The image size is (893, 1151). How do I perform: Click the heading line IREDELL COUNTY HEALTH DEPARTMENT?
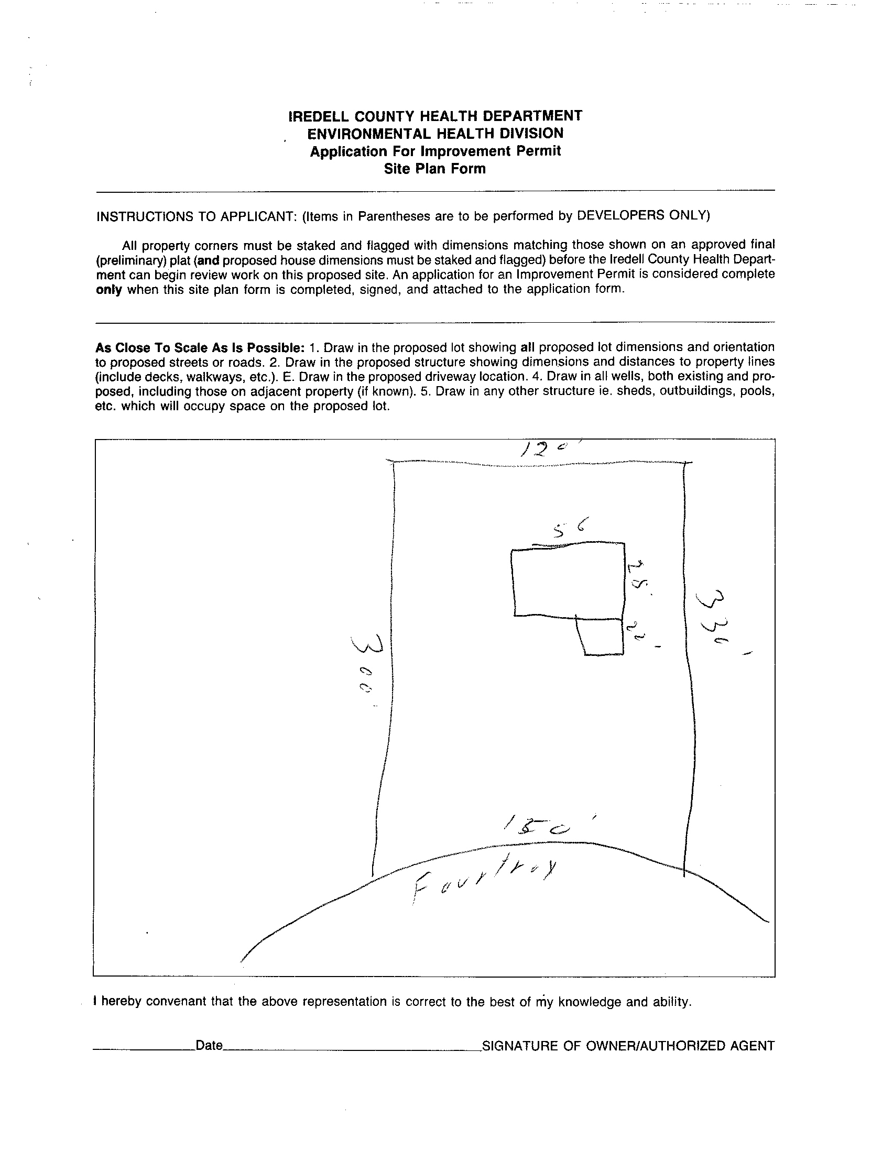tap(435, 115)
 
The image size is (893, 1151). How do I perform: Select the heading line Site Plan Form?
tap(434, 169)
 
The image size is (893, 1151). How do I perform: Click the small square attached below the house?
tap(601, 637)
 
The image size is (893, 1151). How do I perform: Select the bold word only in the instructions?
tap(108, 290)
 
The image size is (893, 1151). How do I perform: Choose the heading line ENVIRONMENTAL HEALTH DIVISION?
tap(435, 134)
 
